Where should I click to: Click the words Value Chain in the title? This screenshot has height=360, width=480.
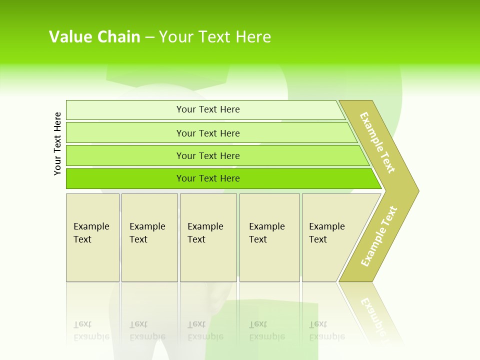click(x=94, y=37)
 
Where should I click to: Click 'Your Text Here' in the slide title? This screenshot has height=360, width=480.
click(x=215, y=37)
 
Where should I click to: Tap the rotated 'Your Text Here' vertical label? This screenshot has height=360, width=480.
click(x=57, y=143)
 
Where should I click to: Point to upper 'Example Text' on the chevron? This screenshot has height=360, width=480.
click(x=377, y=142)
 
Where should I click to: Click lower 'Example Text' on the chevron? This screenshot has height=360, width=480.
click(x=379, y=236)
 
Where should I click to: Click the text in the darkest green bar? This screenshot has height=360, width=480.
click(x=208, y=178)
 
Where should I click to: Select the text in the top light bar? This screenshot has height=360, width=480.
click(x=208, y=109)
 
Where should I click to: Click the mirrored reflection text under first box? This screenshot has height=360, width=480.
click(x=91, y=330)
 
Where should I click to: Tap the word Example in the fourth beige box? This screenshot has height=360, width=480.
click(x=266, y=226)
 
